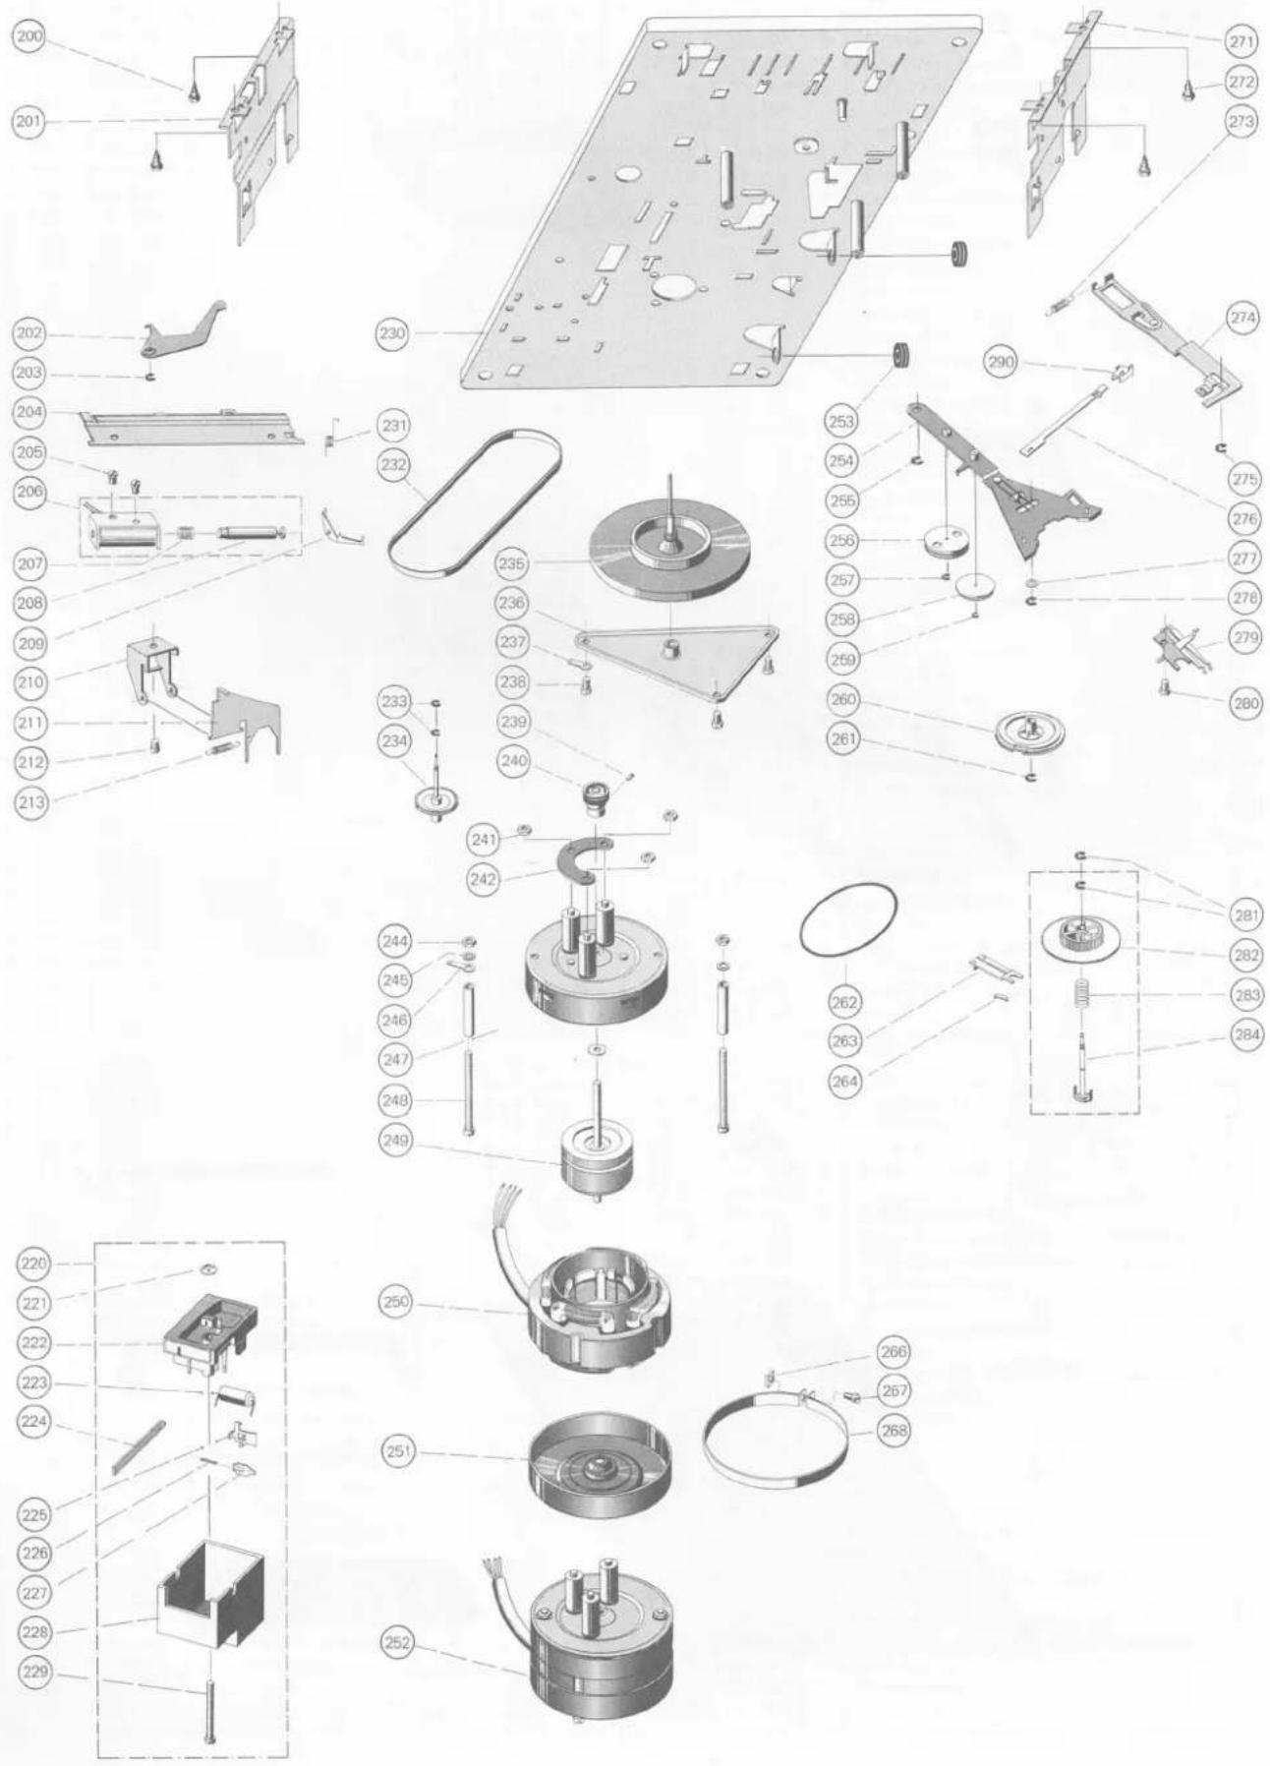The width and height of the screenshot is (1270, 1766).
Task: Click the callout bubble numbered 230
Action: point(393,333)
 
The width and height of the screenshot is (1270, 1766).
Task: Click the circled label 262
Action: point(845,1003)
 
